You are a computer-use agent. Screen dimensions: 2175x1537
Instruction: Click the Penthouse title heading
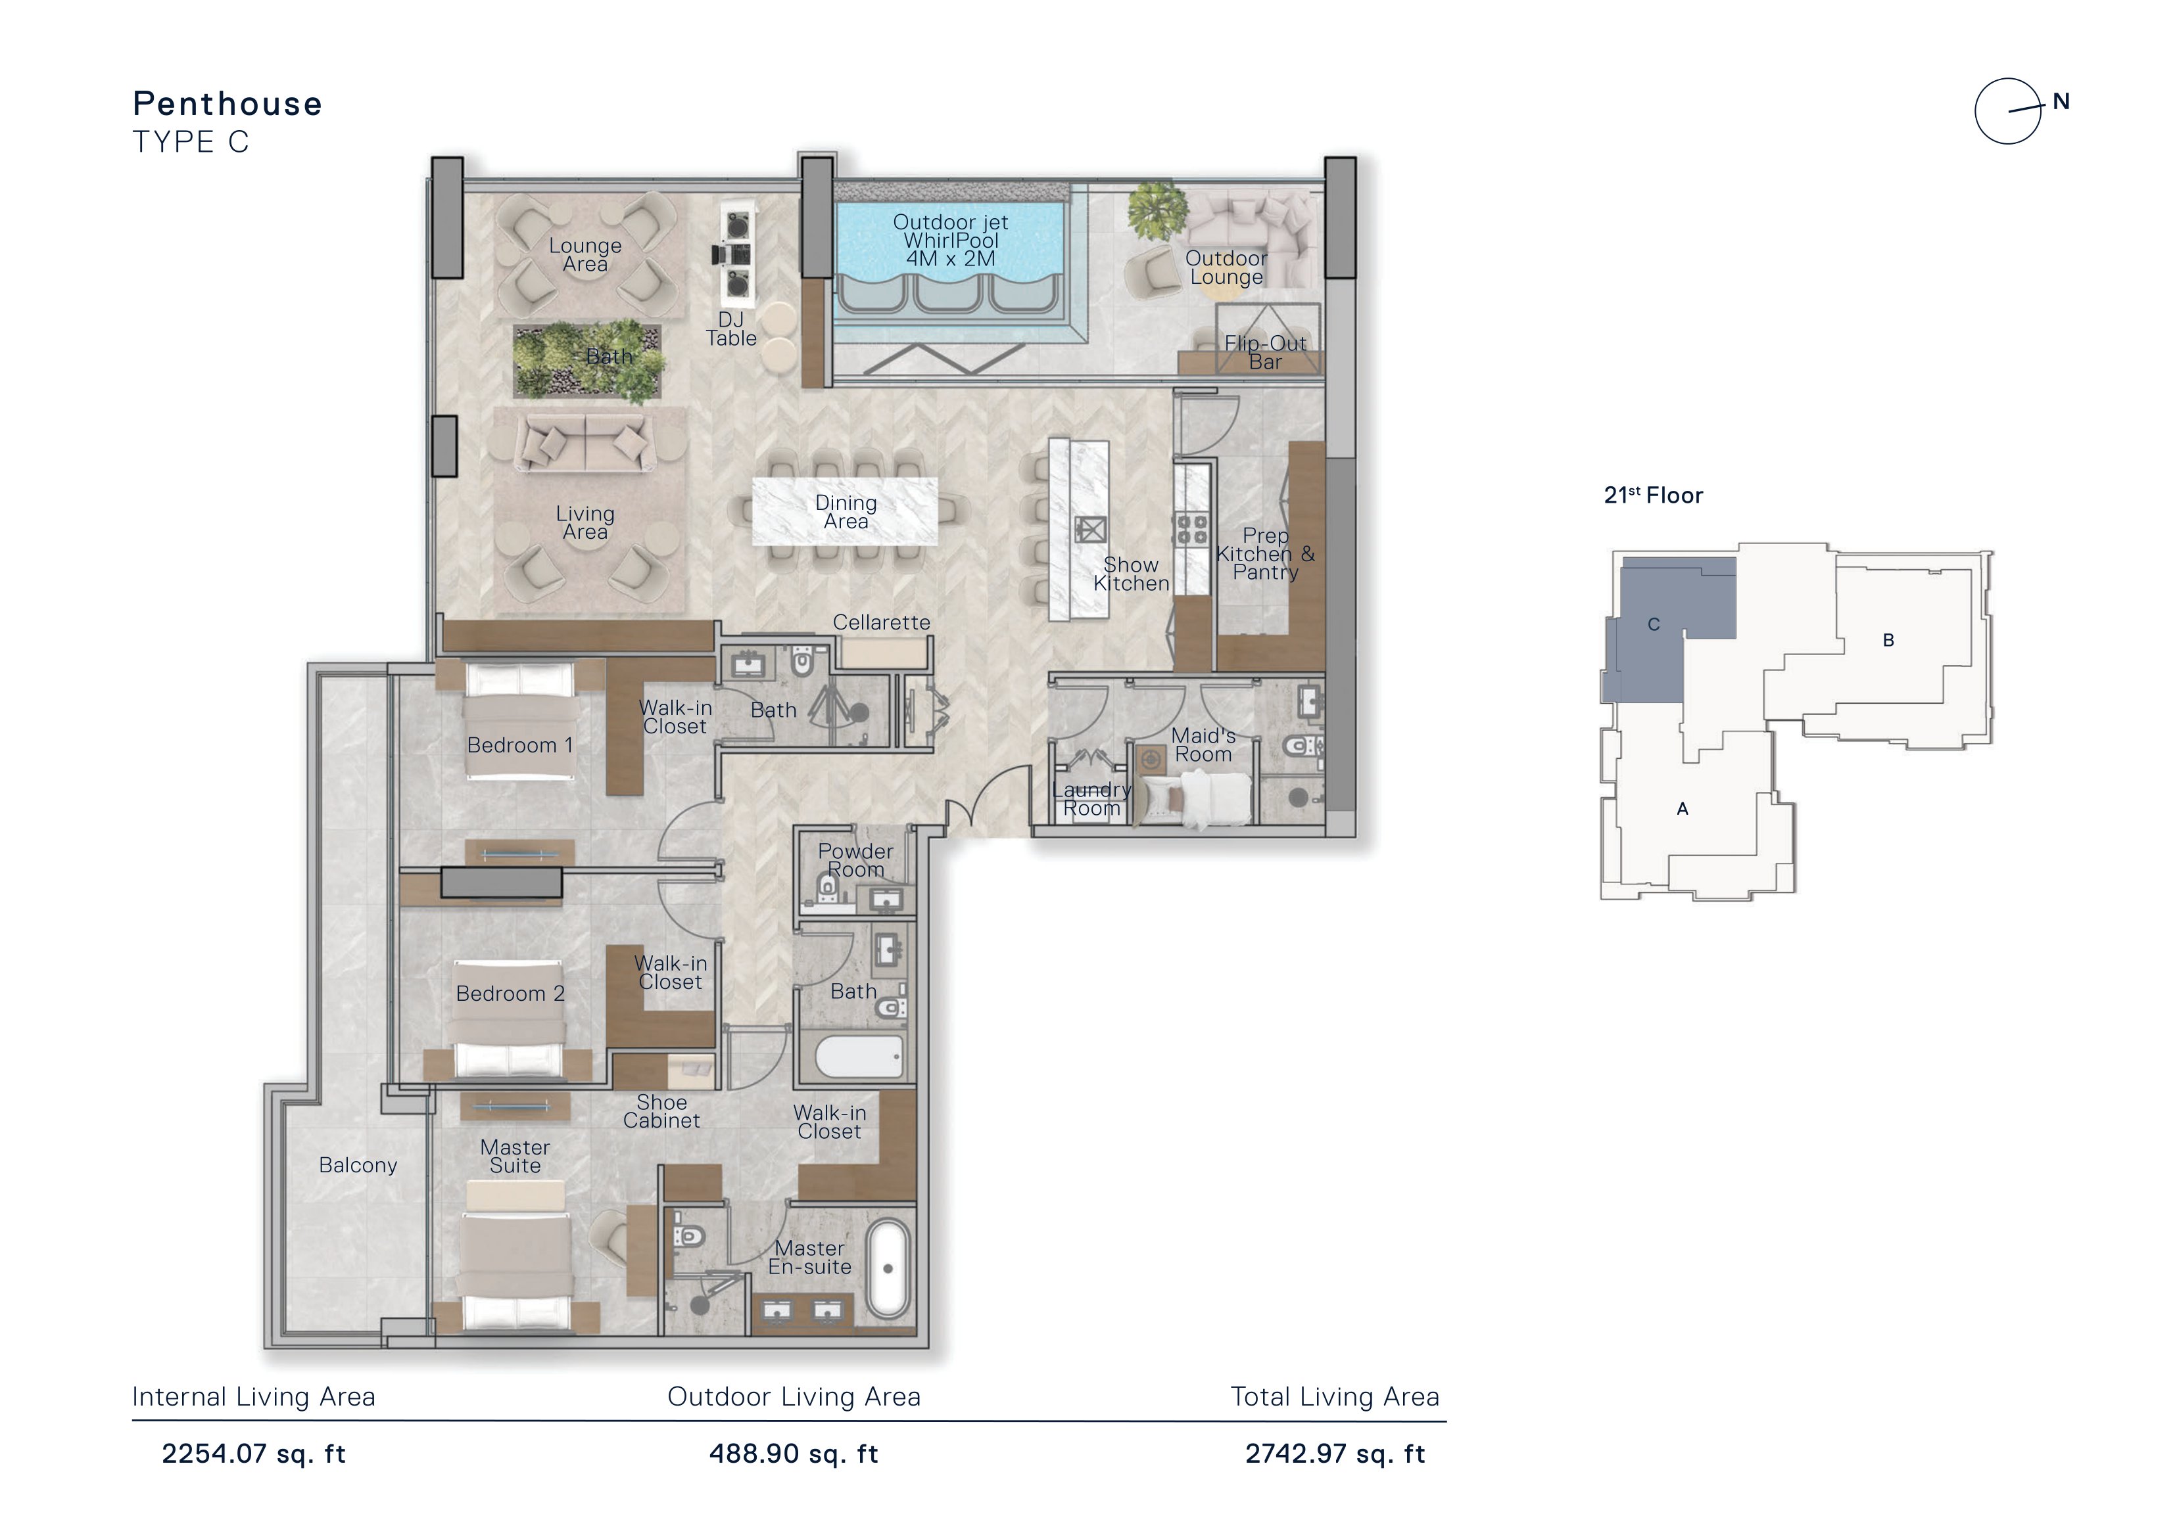(x=227, y=104)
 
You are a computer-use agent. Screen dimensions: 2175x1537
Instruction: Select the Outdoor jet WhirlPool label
(x=950, y=241)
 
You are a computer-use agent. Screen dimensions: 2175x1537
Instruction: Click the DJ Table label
(x=730, y=329)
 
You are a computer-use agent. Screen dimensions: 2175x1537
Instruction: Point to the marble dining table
(x=845, y=511)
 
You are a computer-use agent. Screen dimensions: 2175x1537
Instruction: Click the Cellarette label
(x=881, y=622)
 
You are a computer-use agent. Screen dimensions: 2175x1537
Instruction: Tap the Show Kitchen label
(x=1131, y=574)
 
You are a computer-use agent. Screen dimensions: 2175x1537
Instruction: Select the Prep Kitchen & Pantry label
(x=1266, y=554)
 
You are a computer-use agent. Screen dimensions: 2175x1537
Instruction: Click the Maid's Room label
(x=1203, y=745)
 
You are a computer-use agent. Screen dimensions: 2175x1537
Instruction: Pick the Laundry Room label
(x=1091, y=799)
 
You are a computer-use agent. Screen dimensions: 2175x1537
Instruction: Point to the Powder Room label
(x=855, y=861)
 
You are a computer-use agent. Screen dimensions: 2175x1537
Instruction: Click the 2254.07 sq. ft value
(x=254, y=1454)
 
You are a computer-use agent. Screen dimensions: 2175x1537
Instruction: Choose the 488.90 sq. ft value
(x=794, y=1454)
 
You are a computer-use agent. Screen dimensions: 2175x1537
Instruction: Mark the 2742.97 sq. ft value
(x=1335, y=1454)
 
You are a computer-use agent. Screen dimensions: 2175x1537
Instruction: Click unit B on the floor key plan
(x=1888, y=640)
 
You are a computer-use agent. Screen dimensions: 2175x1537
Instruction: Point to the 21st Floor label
(x=1653, y=495)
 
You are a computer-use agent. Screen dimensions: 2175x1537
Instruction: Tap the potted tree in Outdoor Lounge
(x=1157, y=211)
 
